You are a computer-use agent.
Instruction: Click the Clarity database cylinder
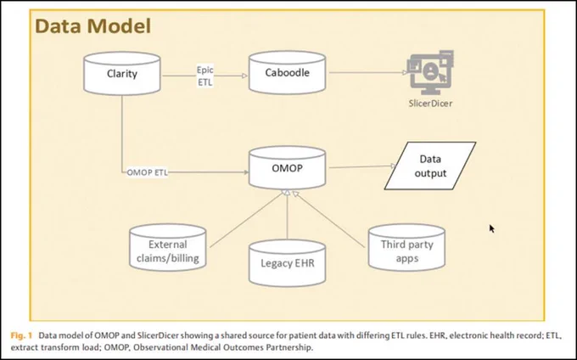pos(122,74)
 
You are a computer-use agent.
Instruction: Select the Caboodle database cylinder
pos(287,72)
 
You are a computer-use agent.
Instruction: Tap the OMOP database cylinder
pos(287,168)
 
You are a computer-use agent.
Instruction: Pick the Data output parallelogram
pos(430,166)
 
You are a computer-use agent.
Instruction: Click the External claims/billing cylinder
pos(168,247)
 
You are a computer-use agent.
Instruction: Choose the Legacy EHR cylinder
pos(287,263)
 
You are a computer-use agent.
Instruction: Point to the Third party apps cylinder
pos(406,247)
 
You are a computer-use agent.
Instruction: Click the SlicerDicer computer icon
pos(430,72)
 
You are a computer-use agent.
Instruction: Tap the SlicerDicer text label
pos(430,104)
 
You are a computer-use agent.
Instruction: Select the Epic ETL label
pos(205,76)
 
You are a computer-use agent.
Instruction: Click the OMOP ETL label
pos(147,172)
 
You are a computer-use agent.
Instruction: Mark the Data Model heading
pos(92,26)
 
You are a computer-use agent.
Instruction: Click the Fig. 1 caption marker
pos(21,335)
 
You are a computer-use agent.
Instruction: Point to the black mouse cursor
pos(491,228)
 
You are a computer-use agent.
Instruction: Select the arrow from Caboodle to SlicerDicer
pos(368,72)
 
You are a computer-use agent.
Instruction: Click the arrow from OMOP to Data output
pos(362,166)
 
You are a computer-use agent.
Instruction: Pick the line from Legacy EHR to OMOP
pos(287,215)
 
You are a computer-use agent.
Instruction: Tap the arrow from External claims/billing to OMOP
pos(247,219)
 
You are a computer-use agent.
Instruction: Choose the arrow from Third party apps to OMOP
pos(328,219)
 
